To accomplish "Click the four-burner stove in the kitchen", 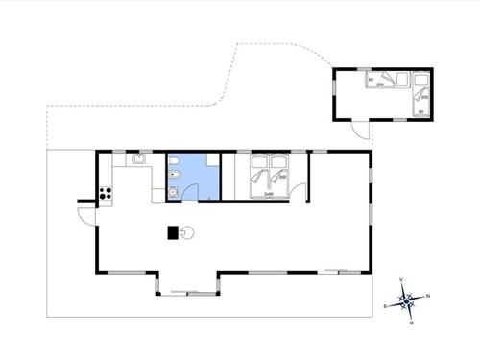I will pyautogui.click(x=107, y=194).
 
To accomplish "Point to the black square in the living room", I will pyautogui.click(x=174, y=231).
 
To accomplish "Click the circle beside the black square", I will pyautogui.click(x=188, y=231).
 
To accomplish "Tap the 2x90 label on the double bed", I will pyautogui.click(x=269, y=195).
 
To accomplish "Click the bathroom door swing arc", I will pyautogui.click(x=204, y=194).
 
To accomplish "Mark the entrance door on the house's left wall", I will pyautogui.click(x=85, y=213).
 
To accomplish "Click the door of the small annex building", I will pyautogui.click(x=359, y=130).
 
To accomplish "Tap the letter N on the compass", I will pyautogui.click(x=428, y=296).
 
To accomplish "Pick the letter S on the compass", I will pyautogui.click(x=385, y=305).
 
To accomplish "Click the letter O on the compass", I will pyautogui.click(x=411, y=323).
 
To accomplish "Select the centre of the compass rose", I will pyautogui.click(x=406, y=301).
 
